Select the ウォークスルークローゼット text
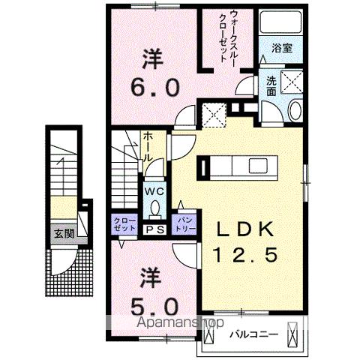pos(228,38)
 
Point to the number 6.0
pos(156,87)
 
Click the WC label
pos(154,191)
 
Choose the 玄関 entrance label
pos(61,233)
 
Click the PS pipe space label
pos(154,229)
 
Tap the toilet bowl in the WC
pos(154,208)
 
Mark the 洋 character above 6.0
pos(155,58)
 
